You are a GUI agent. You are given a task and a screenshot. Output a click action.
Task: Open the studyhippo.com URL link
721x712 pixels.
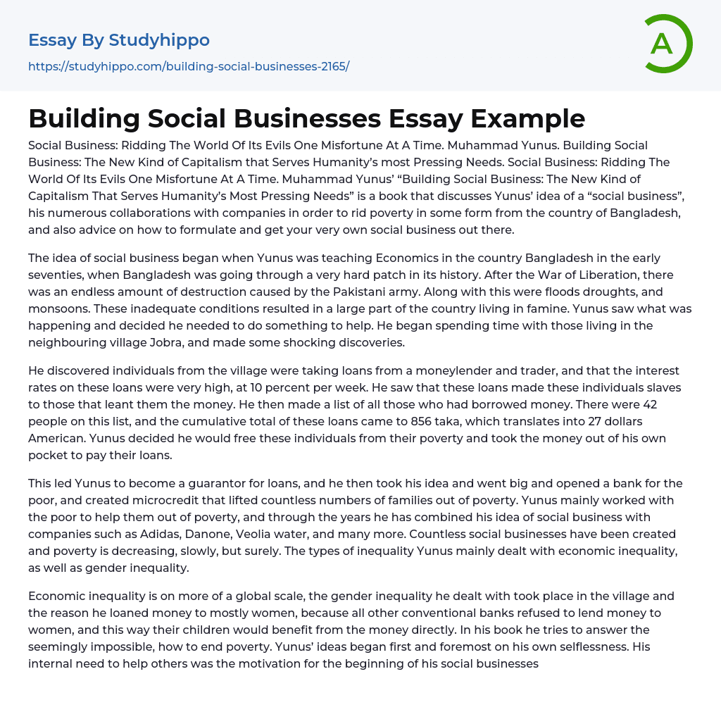[189, 66]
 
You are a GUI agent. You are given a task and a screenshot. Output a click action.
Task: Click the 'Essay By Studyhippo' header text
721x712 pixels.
[119, 40]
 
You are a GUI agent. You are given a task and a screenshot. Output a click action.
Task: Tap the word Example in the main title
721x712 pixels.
[527, 118]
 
